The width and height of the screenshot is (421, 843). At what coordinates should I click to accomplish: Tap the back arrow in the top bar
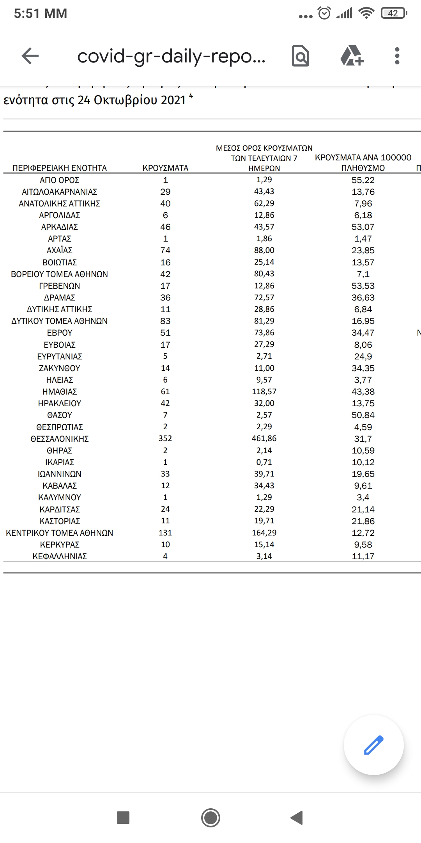coord(30,56)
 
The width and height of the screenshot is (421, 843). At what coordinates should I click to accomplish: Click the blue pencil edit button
coord(373,745)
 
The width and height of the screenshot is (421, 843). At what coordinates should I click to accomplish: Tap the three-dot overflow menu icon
coord(397,56)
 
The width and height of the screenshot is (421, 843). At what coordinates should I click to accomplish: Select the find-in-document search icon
coord(301,56)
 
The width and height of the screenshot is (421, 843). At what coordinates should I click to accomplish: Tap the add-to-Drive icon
coord(352,56)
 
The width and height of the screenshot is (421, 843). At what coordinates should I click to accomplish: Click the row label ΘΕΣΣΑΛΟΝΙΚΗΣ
coord(59,439)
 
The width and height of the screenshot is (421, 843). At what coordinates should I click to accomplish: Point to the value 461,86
coord(264,438)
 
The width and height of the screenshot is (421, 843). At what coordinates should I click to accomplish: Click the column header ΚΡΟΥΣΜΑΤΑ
coord(165,168)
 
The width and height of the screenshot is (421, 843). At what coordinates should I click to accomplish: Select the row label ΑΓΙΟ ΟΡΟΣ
coord(59,180)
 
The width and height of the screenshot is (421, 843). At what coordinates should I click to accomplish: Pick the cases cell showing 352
coord(165,438)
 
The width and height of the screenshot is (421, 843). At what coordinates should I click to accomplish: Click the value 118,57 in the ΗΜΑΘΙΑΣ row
coord(264,391)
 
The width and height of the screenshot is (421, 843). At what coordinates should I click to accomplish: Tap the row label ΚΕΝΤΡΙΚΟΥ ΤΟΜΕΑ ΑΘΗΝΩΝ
coord(59,533)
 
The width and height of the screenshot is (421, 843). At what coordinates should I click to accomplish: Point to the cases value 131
coord(165,533)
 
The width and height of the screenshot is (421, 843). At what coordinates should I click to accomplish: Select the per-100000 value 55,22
coord(363,180)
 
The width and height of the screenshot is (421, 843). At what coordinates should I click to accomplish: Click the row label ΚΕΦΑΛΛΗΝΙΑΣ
coord(59,556)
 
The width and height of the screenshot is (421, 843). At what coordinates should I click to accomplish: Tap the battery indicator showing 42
coord(394,14)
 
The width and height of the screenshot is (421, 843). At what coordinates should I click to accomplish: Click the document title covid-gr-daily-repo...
coord(171,56)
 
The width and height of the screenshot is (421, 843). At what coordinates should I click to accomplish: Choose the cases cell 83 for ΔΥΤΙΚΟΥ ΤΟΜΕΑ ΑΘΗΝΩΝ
coord(165,321)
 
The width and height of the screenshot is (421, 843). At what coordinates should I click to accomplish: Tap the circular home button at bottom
coord(210,818)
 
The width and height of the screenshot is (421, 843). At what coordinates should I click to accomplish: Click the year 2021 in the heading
coord(173,100)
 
